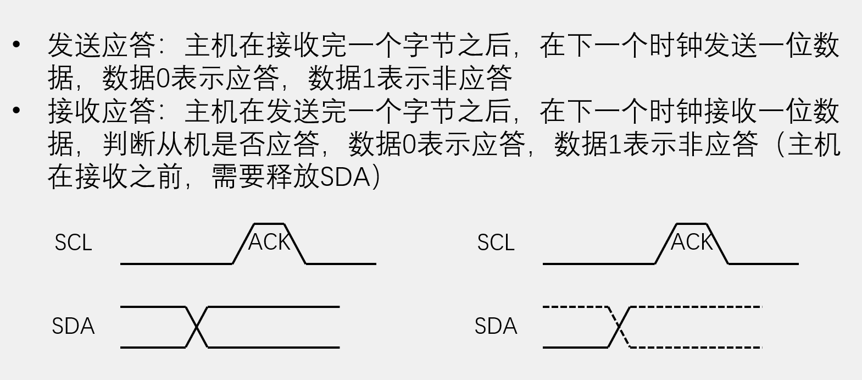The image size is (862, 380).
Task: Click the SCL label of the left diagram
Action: click(73, 243)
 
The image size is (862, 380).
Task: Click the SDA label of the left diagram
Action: click(73, 326)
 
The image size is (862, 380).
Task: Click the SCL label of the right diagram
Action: click(496, 243)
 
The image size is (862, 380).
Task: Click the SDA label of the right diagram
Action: click(496, 326)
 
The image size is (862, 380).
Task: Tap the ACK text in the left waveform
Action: click(269, 242)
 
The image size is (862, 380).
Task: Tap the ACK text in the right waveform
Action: click(691, 242)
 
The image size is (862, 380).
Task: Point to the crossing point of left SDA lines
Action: click(196, 327)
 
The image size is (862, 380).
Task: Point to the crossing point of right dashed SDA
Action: click(619, 327)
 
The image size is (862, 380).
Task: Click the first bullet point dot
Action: click(16, 44)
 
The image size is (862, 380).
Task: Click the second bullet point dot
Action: click(16, 111)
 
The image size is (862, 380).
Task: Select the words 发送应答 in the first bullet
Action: click(102, 45)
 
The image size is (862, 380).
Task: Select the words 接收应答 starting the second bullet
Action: click(102, 111)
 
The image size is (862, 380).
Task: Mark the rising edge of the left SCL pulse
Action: click(243, 244)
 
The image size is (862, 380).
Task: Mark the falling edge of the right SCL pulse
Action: click(718, 244)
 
